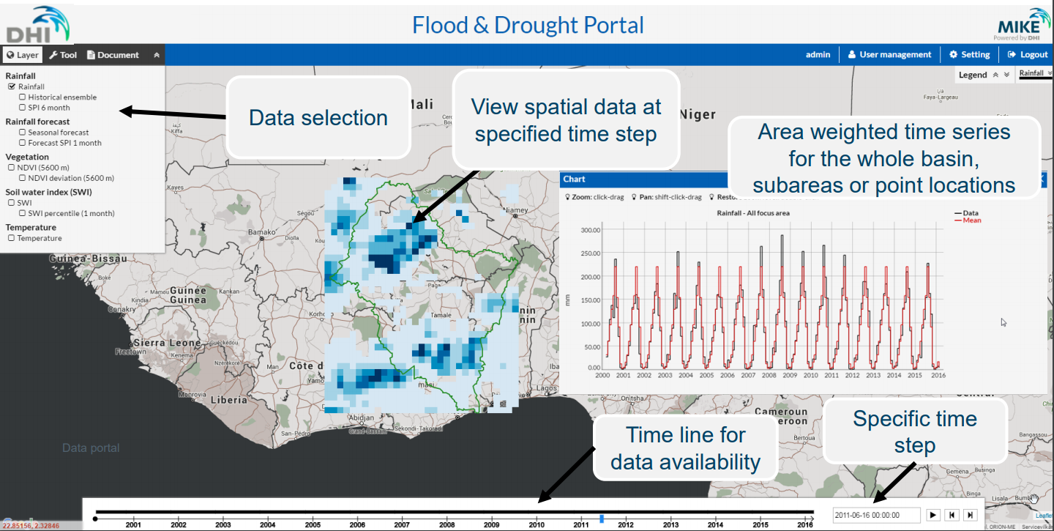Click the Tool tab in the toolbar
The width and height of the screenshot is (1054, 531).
point(63,55)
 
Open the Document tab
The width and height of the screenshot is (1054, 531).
point(113,55)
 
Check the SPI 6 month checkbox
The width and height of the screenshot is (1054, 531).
point(23,108)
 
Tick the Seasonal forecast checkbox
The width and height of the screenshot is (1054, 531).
point(23,133)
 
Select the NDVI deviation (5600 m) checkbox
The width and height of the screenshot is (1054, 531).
point(23,178)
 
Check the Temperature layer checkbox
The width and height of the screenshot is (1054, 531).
point(12,238)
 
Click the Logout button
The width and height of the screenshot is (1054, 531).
point(1028,54)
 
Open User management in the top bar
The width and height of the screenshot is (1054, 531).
point(889,54)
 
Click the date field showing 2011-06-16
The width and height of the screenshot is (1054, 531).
point(876,515)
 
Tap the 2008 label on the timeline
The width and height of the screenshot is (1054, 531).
point(446,524)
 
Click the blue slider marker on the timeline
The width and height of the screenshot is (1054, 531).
point(602,519)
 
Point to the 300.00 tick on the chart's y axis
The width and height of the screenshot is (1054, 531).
point(590,230)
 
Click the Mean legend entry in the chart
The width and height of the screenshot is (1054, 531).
point(971,220)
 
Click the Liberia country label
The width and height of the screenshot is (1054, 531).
point(229,400)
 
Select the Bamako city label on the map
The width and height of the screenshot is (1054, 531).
point(261,233)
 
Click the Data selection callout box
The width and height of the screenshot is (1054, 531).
point(318,117)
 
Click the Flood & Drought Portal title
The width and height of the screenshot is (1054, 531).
point(528,25)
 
